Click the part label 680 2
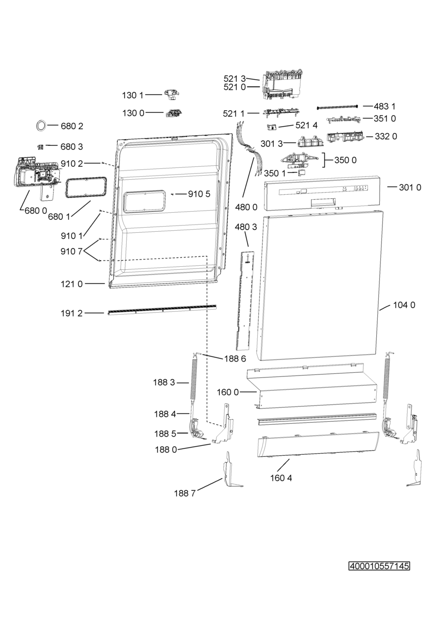click(72, 126)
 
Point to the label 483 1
click(384, 106)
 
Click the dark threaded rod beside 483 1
click(338, 107)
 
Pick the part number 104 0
click(404, 305)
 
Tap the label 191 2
click(72, 313)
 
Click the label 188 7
click(185, 493)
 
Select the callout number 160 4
click(281, 478)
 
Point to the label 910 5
click(199, 194)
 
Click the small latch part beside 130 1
click(172, 94)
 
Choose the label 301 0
click(410, 187)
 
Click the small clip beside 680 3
click(41, 147)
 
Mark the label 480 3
click(246, 227)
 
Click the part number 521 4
click(306, 126)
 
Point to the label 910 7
click(72, 251)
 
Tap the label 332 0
click(386, 136)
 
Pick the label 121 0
click(72, 284)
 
